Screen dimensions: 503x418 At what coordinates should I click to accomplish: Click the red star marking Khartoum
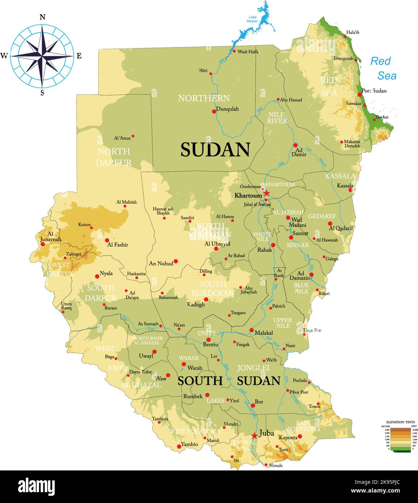(x=267, y=193)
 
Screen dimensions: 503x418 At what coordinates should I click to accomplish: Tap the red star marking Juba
(x=255, y=435)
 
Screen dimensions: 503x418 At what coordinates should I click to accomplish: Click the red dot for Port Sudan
(x=359, y=94)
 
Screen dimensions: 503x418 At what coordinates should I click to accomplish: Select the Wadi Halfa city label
(x=248, y=52)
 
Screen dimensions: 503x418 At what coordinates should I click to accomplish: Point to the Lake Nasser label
(x=252, y=19)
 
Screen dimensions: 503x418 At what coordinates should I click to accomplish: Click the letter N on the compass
(x=42, y=17)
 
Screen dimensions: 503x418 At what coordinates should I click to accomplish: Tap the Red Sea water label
(x=383, y=68)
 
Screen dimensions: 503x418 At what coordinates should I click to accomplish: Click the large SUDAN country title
(x=215, y=149)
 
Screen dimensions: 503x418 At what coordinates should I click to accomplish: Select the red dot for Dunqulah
(x=214, y=111)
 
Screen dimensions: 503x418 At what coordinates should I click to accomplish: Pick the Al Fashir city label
(x=118, y=245)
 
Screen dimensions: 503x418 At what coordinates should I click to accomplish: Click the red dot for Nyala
(x=97, y=276)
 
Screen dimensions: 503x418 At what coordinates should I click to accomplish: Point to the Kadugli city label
(x=196, y=304)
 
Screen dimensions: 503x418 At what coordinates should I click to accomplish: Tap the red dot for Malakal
(x=252, y=330)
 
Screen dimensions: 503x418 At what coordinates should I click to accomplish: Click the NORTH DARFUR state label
(x=113, y=157)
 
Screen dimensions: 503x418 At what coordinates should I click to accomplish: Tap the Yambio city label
(x=189, y=444)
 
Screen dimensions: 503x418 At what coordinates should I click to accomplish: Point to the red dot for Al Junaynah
(x=43, y=244)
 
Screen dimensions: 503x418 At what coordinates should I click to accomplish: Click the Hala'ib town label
(x=352, y=32)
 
